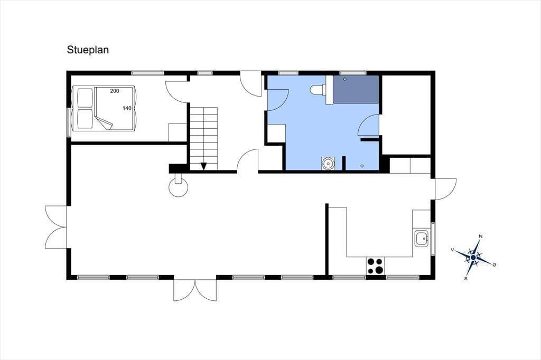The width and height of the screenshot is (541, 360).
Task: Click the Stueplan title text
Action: click(x=88, y=50)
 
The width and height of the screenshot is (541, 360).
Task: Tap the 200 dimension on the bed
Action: click(x=115, y=91)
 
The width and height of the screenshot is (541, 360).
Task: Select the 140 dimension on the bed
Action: click(x=127, y=108)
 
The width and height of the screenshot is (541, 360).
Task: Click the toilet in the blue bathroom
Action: click(x=318, y=90)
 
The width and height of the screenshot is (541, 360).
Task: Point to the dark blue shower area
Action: click(x=356, y=89)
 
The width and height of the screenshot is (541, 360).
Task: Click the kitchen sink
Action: click(x=421, y=238)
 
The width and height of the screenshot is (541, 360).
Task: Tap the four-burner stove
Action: click(x=376, y=266)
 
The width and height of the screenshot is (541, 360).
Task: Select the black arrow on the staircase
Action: click(x=203, y=166)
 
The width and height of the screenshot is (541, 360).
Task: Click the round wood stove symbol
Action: click(x=178, y=187)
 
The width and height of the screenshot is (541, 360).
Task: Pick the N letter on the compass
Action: click(x=481, y=236)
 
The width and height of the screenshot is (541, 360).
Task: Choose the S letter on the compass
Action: click(x=466, y=279)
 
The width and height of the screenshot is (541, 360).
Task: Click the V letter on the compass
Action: click(x=452, y=250)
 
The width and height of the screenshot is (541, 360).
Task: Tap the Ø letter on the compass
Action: click(x=494, y=265)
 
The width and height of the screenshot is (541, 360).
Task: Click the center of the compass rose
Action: click(x=473, y=257)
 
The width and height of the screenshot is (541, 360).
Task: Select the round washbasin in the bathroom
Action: click(x=328, y=163)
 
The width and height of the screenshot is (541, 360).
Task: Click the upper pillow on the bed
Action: click(x=85, y=98)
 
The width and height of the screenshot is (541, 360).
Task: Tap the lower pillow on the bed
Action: click(x=85, y=119)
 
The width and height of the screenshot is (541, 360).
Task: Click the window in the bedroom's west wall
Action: click(x=69, y=122)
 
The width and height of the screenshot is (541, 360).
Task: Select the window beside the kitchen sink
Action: click(x=433, y=239)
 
